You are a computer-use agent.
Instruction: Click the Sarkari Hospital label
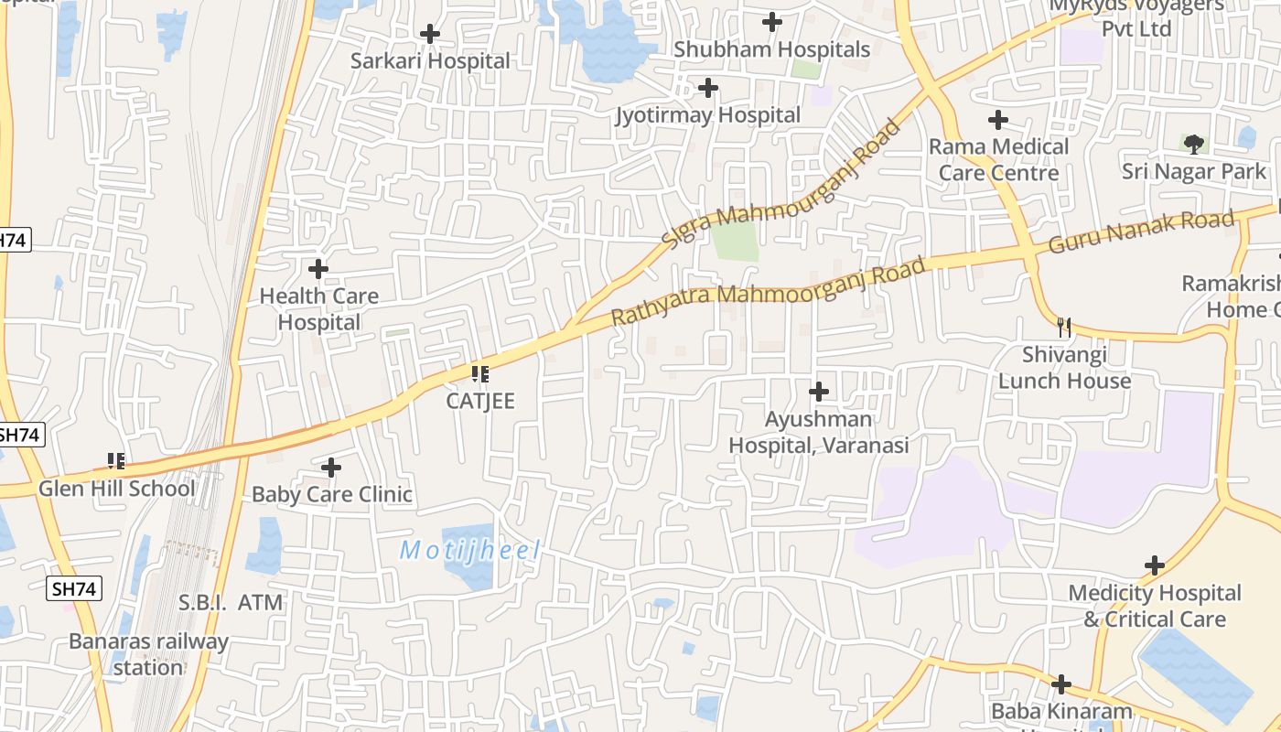click(430, 61)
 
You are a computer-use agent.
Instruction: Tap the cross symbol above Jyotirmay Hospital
click(708, 88)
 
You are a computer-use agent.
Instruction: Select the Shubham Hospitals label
click(771, 49)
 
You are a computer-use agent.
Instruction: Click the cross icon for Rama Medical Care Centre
click(998, 120)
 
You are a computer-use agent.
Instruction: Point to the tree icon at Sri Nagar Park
click(1193, 144)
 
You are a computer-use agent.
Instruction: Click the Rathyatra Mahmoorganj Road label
click(768, 292)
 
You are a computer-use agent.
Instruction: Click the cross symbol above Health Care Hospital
click(318, 269)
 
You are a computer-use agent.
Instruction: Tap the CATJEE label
click(480, 401)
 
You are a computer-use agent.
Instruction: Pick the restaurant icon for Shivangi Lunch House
click(1063, 327)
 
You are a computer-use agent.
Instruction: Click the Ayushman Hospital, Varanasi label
click(819, 432)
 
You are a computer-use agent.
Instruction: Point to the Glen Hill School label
click(116, 489)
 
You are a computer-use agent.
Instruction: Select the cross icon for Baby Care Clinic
click(331, 468)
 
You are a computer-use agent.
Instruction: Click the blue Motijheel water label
click(470, 551)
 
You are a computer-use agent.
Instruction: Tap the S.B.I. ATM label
click(231, 603)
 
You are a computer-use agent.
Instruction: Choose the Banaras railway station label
click(148, 654)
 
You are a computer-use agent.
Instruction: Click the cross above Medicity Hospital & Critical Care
click(1155, 565)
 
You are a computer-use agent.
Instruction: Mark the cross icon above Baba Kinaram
click(1061, 684)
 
